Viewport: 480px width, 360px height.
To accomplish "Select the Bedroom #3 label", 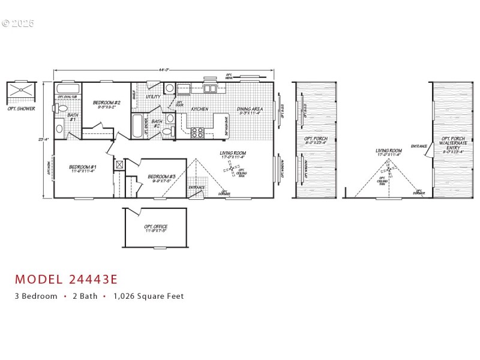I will pyautogui.click(x=160, y=178).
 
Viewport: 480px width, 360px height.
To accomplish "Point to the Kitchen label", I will pyautogui.click(x=200, y=109).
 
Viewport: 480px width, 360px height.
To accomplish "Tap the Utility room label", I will pyautogui.click(x=153, y=97).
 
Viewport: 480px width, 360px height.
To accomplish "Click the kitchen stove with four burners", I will pyautogui.click(x=197, y=133).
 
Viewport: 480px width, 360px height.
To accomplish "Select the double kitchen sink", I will pyautogui.click(x=210, y=89).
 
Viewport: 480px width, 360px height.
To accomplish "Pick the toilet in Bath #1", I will pyautogui.click(x=61, y=109).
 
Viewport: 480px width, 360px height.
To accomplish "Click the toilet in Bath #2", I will pyautogui.click(x=170, y=118).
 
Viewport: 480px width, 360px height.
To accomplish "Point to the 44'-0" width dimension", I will pyautogui.click(x=163, y=70).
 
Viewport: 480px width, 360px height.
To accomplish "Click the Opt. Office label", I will pyautogui.click(x=155, y=229).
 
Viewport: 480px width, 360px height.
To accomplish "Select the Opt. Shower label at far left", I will pyautogui.click(x=21, y=109).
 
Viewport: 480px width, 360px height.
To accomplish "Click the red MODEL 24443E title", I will pyautogui.click(x=66, y=279).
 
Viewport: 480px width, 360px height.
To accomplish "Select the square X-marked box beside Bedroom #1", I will pyautogui.click(x=119, y=164).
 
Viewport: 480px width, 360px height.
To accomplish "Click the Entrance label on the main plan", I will pyautogui.click(x=196, y=187).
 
